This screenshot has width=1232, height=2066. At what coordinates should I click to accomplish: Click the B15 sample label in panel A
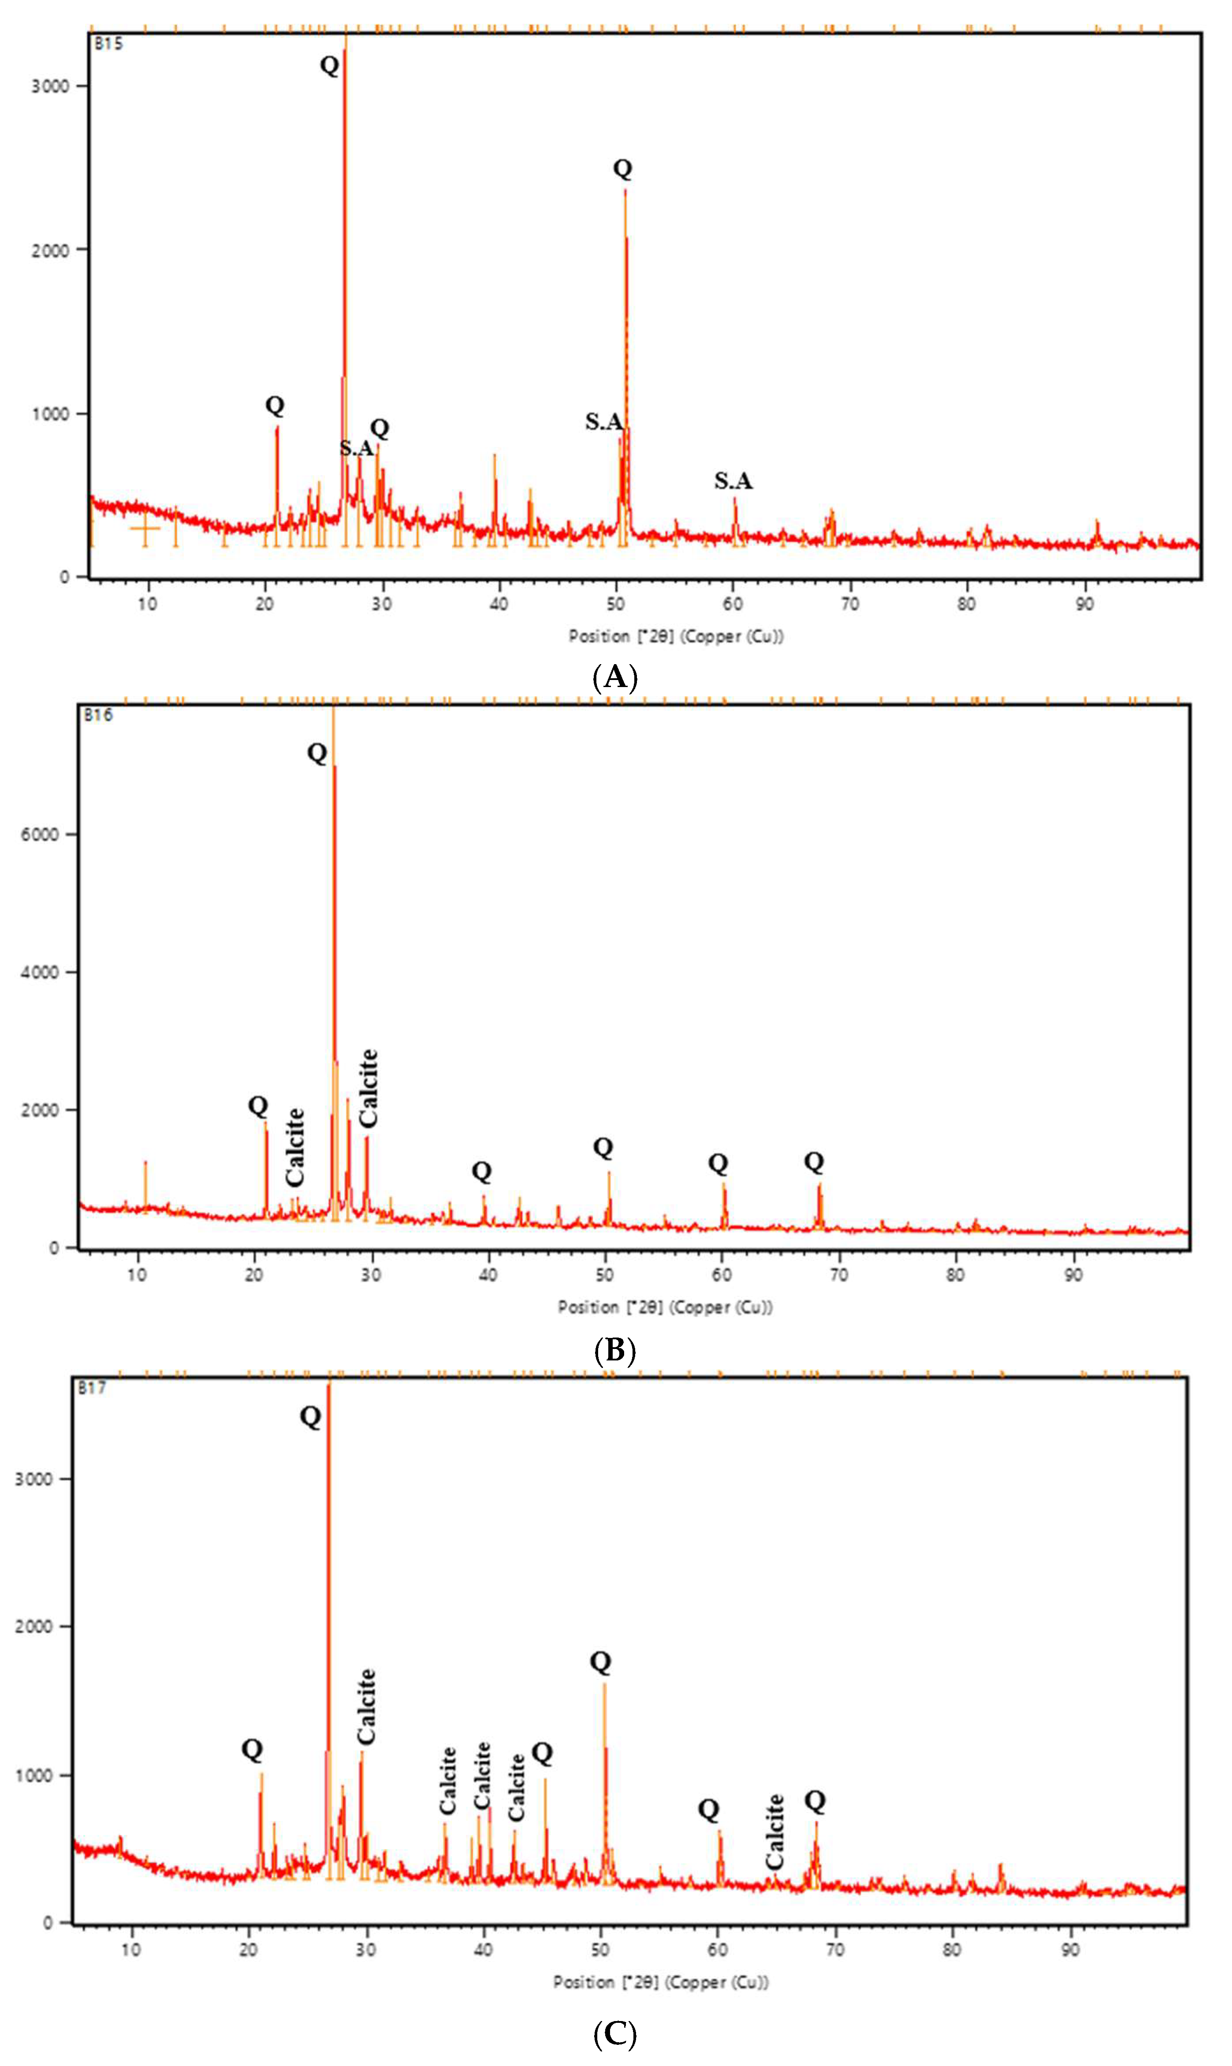point(109,44)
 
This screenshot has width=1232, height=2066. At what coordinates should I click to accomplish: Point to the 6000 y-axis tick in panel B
point(40,835)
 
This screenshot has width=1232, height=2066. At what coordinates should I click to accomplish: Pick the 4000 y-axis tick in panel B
point(40,972)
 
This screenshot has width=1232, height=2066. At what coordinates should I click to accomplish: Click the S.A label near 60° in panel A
point(733,481)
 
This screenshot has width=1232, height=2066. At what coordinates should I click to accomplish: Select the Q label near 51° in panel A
point(623,169)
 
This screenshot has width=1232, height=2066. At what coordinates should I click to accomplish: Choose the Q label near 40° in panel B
point(481,1172)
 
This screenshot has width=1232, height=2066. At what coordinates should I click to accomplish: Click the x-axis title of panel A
point(676,637)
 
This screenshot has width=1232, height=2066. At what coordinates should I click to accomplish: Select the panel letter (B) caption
point(615,1350)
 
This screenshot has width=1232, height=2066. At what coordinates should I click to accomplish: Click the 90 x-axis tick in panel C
point(1071,1949)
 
